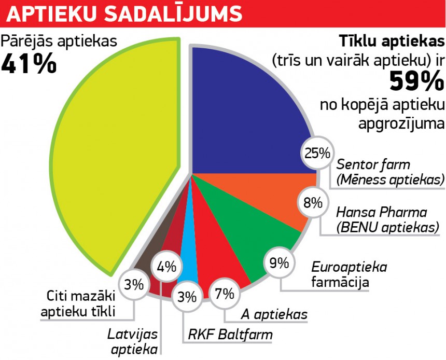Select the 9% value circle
[x=280, y=264]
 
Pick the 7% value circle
[x=225, y=294]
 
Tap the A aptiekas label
[x=274, y=314]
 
